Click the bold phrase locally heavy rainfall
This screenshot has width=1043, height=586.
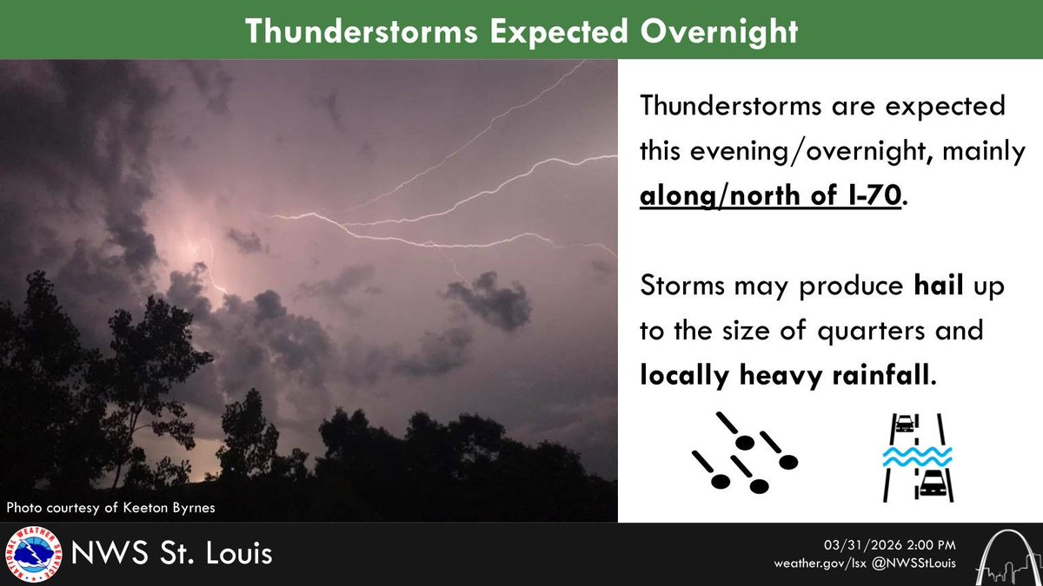787,378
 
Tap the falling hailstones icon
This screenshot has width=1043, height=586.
744,452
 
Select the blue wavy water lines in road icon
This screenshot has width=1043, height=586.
917,457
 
